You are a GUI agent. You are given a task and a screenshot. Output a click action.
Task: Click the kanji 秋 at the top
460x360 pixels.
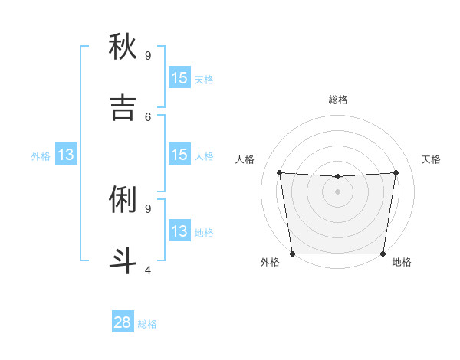point(123,47)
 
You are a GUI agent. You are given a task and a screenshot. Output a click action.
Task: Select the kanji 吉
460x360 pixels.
point(123,109)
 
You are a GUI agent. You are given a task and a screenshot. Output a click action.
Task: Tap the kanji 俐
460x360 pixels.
point(123,200)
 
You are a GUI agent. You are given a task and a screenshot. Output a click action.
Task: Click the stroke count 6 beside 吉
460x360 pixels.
point(148,116)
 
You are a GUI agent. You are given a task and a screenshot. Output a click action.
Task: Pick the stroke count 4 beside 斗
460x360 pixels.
point(148,270)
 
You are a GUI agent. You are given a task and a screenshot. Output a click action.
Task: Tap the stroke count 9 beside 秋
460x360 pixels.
point(148,56)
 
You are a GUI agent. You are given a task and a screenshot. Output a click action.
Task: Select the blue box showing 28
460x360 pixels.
point(123,323)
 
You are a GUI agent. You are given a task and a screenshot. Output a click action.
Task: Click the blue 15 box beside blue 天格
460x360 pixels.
point(179,78)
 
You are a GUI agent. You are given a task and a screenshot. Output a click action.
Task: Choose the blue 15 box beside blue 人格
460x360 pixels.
point(179,155)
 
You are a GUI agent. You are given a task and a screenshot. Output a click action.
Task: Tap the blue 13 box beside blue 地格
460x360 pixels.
point(179,231)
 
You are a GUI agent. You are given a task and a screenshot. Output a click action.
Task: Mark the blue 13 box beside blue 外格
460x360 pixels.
point(66,155)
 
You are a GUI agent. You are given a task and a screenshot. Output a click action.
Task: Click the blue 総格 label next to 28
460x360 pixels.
point(147,324)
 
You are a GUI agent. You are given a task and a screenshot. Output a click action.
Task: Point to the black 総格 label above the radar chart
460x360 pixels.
point(337,100)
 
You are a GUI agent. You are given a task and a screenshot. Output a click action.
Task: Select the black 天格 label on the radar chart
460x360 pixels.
point(431,159)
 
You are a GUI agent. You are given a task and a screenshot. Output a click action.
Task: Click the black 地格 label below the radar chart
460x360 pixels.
point(402,262)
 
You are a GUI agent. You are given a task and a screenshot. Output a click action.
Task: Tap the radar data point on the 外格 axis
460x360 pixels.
point(292,254)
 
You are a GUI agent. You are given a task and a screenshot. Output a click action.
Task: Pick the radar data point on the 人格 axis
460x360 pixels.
point(279,172)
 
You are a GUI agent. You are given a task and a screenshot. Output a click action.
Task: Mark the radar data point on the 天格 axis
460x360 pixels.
point(396,172)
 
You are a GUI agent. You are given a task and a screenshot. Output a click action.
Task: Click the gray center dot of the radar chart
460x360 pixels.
point(337,191)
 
